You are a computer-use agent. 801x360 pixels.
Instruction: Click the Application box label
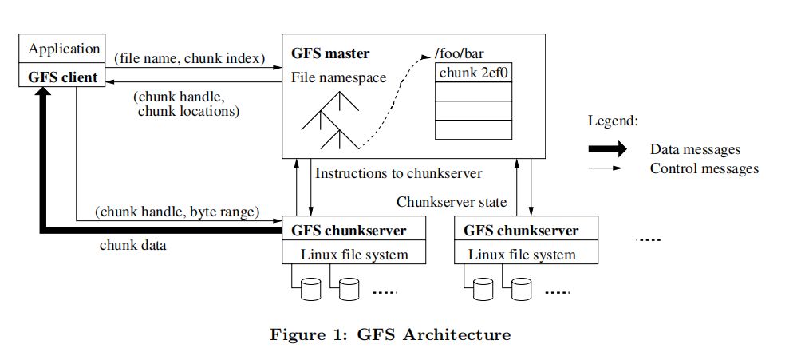(65, 49)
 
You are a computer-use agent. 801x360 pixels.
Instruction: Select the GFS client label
(65, 77)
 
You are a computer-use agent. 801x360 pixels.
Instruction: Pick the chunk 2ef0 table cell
(473, 74)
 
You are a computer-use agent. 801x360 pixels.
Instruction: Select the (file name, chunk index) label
(190, 59)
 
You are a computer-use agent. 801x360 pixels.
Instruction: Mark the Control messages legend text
(704, 168)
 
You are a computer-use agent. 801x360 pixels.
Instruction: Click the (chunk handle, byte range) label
(177, 212)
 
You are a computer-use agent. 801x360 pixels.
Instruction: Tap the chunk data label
(132, 245)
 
